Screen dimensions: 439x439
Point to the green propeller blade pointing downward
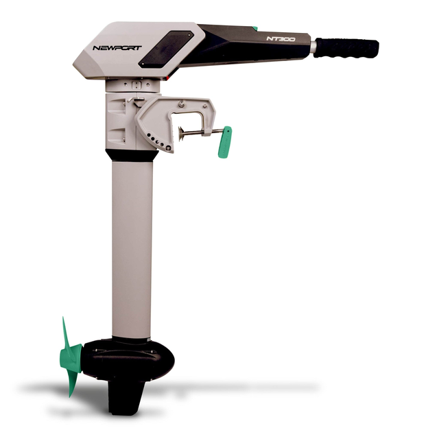71,381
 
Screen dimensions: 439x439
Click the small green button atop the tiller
254,29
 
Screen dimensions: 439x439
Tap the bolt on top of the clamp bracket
181,103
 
